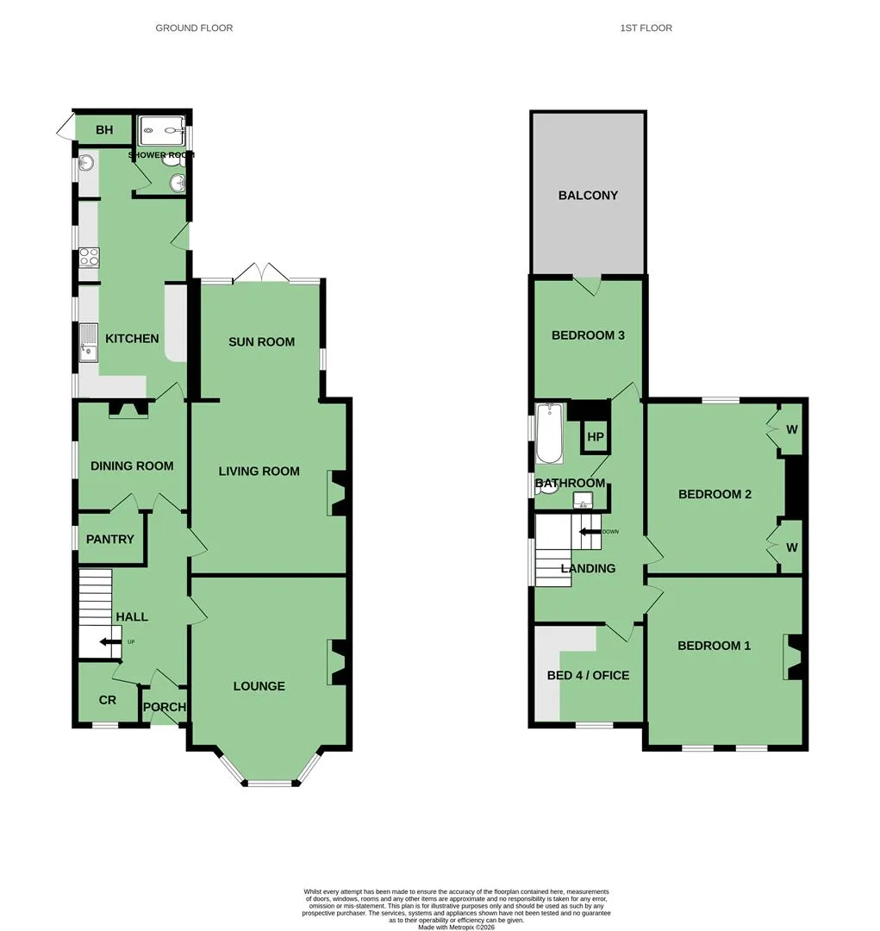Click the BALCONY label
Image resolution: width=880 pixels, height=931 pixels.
tap(588, 196)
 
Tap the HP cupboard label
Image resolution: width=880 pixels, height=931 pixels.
tap(595, 437)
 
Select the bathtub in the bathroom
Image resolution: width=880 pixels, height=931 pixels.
tap(549, 434)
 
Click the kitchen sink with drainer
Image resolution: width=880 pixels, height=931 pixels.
tap(89, 342)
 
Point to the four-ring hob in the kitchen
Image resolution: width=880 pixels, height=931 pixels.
tap(89, 258)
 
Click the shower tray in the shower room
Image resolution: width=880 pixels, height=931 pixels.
tap(162, 131)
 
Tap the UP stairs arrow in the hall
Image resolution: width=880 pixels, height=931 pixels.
tap(110, 642)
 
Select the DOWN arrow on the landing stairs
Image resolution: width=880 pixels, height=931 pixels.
tap(590, 531)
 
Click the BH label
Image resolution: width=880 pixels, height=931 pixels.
tap(104, 129)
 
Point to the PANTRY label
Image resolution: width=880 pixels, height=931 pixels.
tap(109, 539)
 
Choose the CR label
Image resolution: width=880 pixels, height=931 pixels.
tap(108, 700)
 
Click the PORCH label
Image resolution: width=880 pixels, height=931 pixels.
tap(165, 707)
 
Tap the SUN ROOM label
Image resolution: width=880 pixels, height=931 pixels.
tap(261, 342)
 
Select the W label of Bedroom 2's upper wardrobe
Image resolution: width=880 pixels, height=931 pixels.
tap(791, 429)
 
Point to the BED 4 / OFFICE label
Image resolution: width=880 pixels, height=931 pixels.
tap(588, 675)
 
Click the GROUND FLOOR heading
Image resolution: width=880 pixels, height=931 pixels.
tap(194, 28)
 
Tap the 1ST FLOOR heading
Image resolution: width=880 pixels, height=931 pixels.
tap(646, 28)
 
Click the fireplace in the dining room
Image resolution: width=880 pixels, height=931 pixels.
tap(128, 409)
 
